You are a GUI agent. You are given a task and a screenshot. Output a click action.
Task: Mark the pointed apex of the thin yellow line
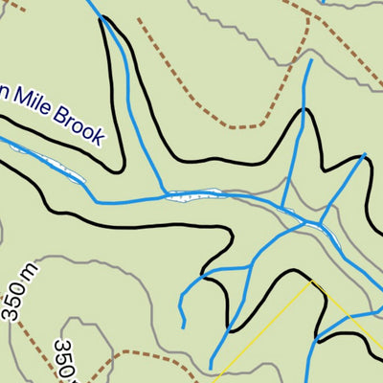pyautogui.click(x=312, y=282)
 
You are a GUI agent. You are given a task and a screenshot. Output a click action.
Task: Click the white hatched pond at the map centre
pyautogui.click(x=195, y=195)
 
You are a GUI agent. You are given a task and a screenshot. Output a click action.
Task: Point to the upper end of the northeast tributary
pyautogui.click(x=309, y=61)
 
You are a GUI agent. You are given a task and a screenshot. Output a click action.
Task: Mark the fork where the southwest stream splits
pyautogui.click(x=204, y=279)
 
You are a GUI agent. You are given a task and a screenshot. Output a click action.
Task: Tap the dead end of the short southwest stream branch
pyautogui.click(x=182, y=320)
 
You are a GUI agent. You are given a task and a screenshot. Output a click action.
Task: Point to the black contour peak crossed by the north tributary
pyautogui.click(x=304, y=113)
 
